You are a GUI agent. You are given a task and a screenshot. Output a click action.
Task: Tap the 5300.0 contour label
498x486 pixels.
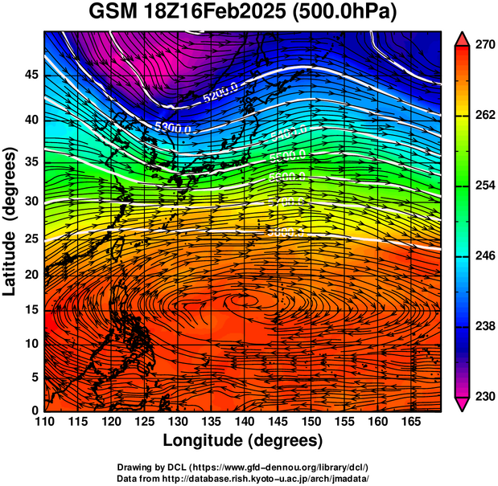(173, 127)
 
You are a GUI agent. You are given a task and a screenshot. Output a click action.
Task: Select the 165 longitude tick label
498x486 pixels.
(408, 422)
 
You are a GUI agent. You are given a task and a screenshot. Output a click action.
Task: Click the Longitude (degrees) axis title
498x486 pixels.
(243, 441)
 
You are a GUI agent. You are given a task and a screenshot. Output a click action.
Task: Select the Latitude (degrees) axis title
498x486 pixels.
(11, 222)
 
